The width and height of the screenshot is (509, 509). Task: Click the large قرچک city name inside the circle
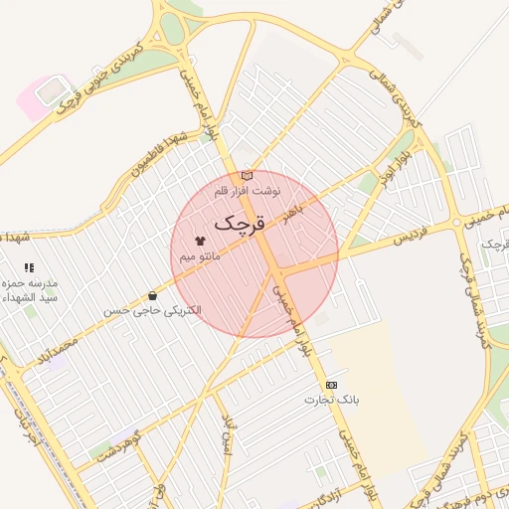pos(241,223)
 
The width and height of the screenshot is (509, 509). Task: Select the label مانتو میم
pos(200,256)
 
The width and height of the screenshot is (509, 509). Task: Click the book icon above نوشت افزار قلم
pos(248,176)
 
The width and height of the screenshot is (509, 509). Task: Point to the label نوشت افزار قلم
pos(248,189)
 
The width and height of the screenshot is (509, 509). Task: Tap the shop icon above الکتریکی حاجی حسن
pos(152,295)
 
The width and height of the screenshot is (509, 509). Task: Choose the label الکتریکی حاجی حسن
pos(152,310)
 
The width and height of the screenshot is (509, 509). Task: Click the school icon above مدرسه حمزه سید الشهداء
pos(29,267)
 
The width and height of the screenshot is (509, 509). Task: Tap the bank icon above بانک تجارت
pos(331,385)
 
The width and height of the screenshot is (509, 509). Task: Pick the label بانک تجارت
pos(331,400)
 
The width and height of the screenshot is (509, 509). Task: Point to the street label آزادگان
pos(320,494)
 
